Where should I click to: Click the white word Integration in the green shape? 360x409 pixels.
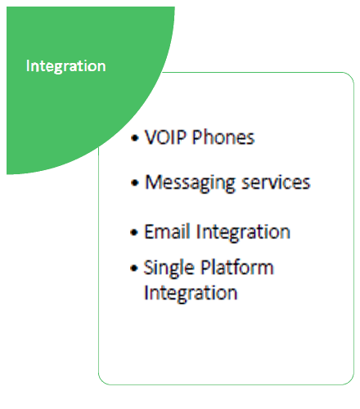(66, 66)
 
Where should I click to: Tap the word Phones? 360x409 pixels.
(223, 137)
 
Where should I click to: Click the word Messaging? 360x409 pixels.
(190, 183)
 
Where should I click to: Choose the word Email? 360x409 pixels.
(167, 231)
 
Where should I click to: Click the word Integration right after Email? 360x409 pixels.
(243, 232)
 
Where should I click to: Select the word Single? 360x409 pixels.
(169, 268)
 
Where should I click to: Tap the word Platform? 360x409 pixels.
(237, 267)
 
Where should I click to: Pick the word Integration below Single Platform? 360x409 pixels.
(191, 294)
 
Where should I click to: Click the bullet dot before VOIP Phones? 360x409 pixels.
(134, 138)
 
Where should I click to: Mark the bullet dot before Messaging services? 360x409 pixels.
(134, 182)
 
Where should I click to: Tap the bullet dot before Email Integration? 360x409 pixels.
(134, 232)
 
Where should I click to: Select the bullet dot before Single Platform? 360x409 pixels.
(134, 268)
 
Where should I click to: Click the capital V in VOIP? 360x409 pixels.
(151, 137)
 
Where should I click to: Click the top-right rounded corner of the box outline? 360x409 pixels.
(350, 76)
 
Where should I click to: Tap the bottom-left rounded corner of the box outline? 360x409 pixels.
(102, 381)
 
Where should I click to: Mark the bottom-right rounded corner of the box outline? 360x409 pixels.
(350, 381)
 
